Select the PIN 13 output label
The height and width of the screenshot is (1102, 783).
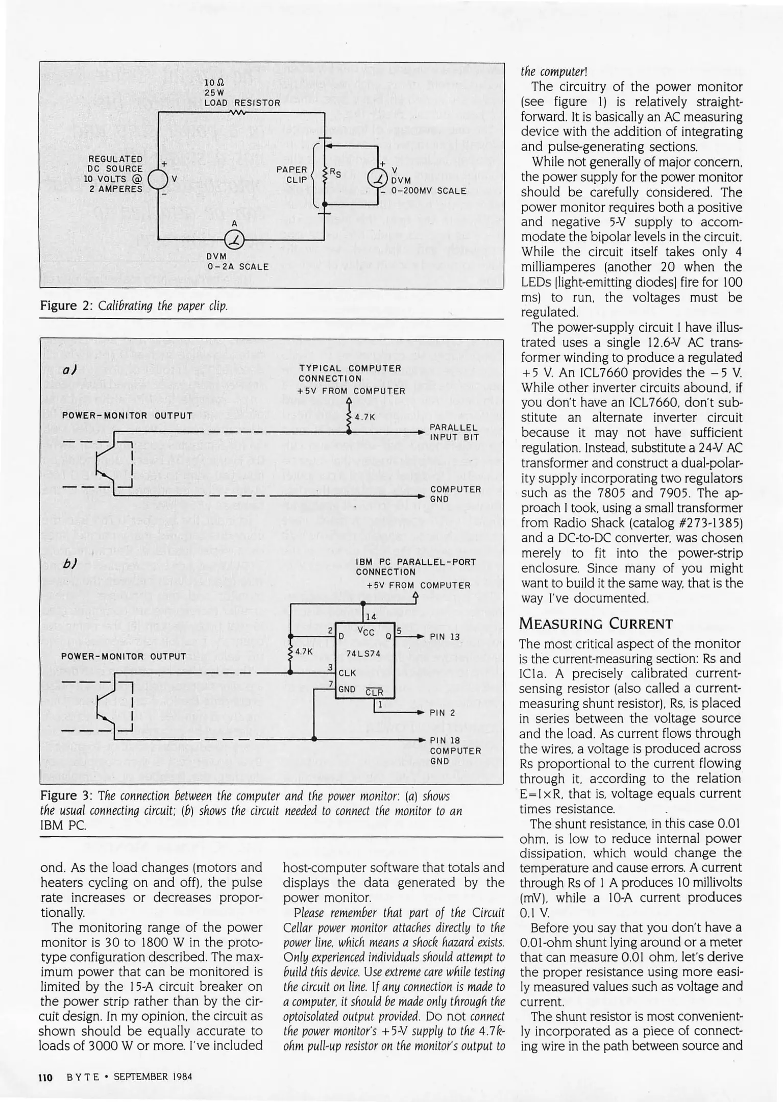pyautogui.click(x=445, y=637)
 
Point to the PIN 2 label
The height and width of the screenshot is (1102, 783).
pyautogui.click(x=442, y=713)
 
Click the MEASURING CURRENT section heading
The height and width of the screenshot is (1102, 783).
pyautogui.click(x=596, y=623)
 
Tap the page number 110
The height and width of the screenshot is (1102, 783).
pyautogui.click(x=46, y=1077)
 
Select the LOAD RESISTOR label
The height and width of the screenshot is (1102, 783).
pyautogui.click(x=242, y=103)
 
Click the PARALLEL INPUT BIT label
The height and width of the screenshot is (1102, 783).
pyautogui.click(x=454, y=432)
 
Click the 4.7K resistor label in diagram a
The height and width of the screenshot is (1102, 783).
pyautogui.click(x=364, y=417)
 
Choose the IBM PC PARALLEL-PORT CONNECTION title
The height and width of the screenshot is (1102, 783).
pyautogui.click(x=415, y=567)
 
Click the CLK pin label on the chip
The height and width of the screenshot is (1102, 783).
pyautogui.click(x=347, y=672)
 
